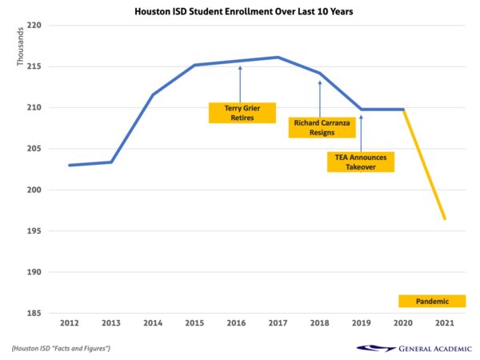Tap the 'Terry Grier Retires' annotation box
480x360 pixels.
(x=242, y=113)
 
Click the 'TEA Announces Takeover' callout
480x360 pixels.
(x=361, y=162)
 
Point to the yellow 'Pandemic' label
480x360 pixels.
(x=432, y=302)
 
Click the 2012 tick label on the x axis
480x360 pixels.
(x=70, y=323)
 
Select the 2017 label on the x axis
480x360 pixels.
(x=278, y=323)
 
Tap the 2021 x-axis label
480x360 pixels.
(x=445, y=323)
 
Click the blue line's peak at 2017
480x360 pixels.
(x=278, y=57)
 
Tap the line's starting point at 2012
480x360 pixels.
(x=70, y=165)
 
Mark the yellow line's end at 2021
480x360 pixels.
(x=445, y=219)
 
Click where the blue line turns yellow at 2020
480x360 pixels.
(x=403, y=110)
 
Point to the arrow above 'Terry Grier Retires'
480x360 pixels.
(x=240, y=83)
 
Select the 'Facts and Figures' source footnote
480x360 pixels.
(x=61, y=348)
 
